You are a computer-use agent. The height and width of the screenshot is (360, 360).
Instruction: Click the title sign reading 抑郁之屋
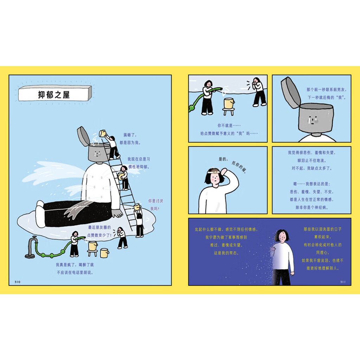pyautogui.click(x=55, y=94)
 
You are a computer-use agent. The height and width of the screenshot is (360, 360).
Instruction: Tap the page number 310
pyautogui.click(x=18, y=282)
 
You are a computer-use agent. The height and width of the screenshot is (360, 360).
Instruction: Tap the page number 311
pyautogui.click(x=342, y=282)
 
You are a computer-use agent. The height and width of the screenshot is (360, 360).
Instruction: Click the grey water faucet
pyautogui.click(x=31, y=247)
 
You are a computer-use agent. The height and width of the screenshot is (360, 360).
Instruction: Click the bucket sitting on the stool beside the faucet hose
pyautogui.click(x=93, y=246)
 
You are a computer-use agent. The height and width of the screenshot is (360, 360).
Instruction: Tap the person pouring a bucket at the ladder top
pyautogui.click(x=113, y=147)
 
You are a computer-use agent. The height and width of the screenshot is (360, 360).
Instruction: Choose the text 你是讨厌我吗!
pyautogui.click(x=155, y=205)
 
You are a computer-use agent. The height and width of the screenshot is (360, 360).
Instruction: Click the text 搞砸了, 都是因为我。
pyautogui.click(x=130, y=139)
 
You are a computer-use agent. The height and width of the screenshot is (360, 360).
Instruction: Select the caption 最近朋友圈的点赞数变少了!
pyautogui.click(x=99, y=231)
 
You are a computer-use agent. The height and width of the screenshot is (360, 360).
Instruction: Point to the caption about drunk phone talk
pyautogui.click(x=75, y=269)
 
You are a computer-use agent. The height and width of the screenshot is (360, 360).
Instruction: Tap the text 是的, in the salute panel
pyautogui.click(x=223, y=159)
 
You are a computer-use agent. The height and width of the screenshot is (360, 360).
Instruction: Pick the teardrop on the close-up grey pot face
pyautogui.click(x=312, y=120)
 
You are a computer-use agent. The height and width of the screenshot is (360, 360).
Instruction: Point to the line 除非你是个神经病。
pyautogui.click(x=311, y=207)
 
